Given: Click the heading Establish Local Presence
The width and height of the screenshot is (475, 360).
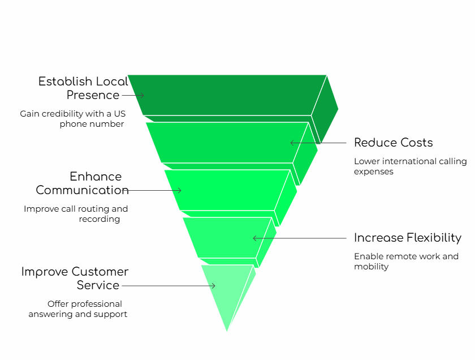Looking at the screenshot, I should [83, 88].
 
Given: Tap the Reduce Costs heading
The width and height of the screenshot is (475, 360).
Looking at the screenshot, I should [393, 143].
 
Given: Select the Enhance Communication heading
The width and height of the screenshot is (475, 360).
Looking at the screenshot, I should [83, 183].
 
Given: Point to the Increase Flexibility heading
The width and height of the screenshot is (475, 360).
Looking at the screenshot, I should [407, 238].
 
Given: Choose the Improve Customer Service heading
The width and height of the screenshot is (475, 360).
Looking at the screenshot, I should [75, 278].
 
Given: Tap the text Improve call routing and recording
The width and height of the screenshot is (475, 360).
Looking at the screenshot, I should [76, 214].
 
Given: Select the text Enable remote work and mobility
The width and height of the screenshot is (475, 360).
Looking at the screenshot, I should [406, 262].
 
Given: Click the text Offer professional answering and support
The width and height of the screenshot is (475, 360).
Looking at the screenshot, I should [78, 309].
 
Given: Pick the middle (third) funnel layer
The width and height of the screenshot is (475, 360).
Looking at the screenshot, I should [226, 190].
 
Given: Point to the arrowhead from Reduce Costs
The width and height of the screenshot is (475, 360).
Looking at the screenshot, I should [292, 143].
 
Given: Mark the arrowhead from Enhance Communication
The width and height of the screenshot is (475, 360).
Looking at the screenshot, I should [180, 190].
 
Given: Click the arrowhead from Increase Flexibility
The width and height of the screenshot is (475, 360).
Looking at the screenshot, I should [254, 238].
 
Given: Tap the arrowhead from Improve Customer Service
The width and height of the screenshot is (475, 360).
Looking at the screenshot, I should [214, 286].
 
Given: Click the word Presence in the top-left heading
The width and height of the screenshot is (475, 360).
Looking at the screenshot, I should [93, 95].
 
